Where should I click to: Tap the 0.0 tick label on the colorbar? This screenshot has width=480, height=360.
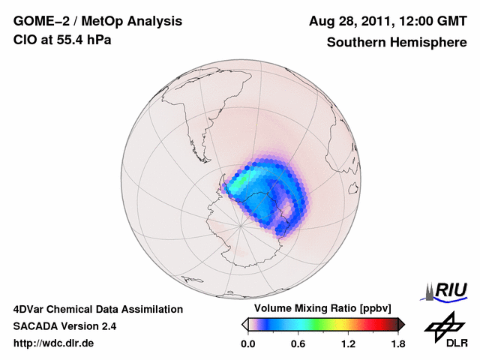tap(247, 344)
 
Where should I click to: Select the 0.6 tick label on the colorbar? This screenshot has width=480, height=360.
tap(298, 344)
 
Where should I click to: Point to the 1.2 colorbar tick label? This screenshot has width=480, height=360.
tap(348, 344)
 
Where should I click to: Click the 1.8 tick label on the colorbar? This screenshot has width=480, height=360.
tap(397, 344)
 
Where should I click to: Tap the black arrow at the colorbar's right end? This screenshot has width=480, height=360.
tap(401, 324)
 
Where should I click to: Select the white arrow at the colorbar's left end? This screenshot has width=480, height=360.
tap(244, 324)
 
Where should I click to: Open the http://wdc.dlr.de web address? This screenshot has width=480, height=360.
tap(54, 343)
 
